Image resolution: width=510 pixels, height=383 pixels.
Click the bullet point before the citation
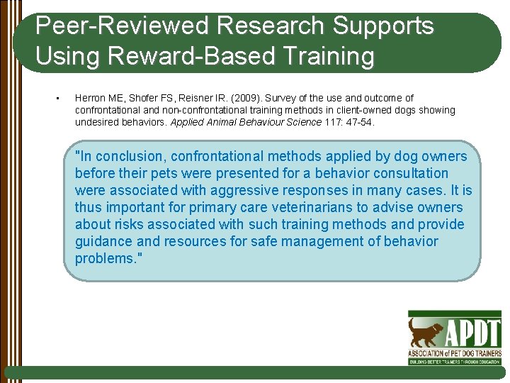(x=56, y=98)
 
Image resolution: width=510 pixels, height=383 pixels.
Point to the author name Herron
(x=91, y=98)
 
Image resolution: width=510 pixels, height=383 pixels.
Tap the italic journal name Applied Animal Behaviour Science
(x=246, y=122)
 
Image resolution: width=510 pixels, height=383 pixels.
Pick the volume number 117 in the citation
(x=333, y=122)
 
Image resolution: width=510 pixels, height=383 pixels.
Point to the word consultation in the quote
(x=412, y=173)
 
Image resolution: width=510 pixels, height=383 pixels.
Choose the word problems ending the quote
(x=106, y=258)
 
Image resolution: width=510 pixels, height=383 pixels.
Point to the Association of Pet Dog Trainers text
(x=454, y=353)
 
